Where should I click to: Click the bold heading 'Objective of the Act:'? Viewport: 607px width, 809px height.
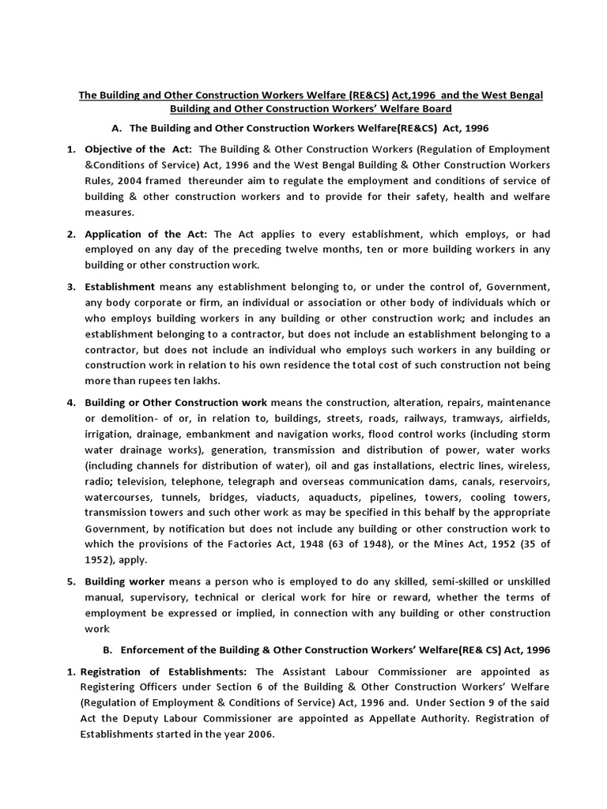point(136,149)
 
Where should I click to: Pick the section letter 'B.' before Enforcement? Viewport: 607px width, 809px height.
point(108,649)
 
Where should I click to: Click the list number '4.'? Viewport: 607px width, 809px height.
point(70,402)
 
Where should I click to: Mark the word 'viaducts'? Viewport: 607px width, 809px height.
point(277,497)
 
